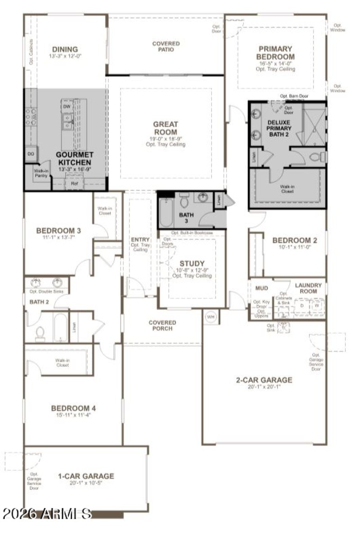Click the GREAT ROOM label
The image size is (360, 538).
(166, 127)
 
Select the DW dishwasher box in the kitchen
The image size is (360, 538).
(67, 107)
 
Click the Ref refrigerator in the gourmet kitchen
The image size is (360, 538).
(74, 184)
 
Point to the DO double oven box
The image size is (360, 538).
(31, 154)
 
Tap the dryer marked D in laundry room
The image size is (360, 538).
(301, 306)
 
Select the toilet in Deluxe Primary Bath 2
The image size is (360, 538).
(317, 157)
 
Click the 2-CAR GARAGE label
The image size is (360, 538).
(264, 380)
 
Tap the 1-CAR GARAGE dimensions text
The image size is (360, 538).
(85, 483)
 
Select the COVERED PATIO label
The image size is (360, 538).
(166, 47)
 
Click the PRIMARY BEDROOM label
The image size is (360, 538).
(275, 53)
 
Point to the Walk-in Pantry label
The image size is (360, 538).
(41, 173)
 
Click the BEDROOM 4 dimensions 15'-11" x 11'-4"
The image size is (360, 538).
(73, 416)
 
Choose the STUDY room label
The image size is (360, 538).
(192, 263)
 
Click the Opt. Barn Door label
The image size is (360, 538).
(294, 96)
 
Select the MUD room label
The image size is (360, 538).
(261, 287)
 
